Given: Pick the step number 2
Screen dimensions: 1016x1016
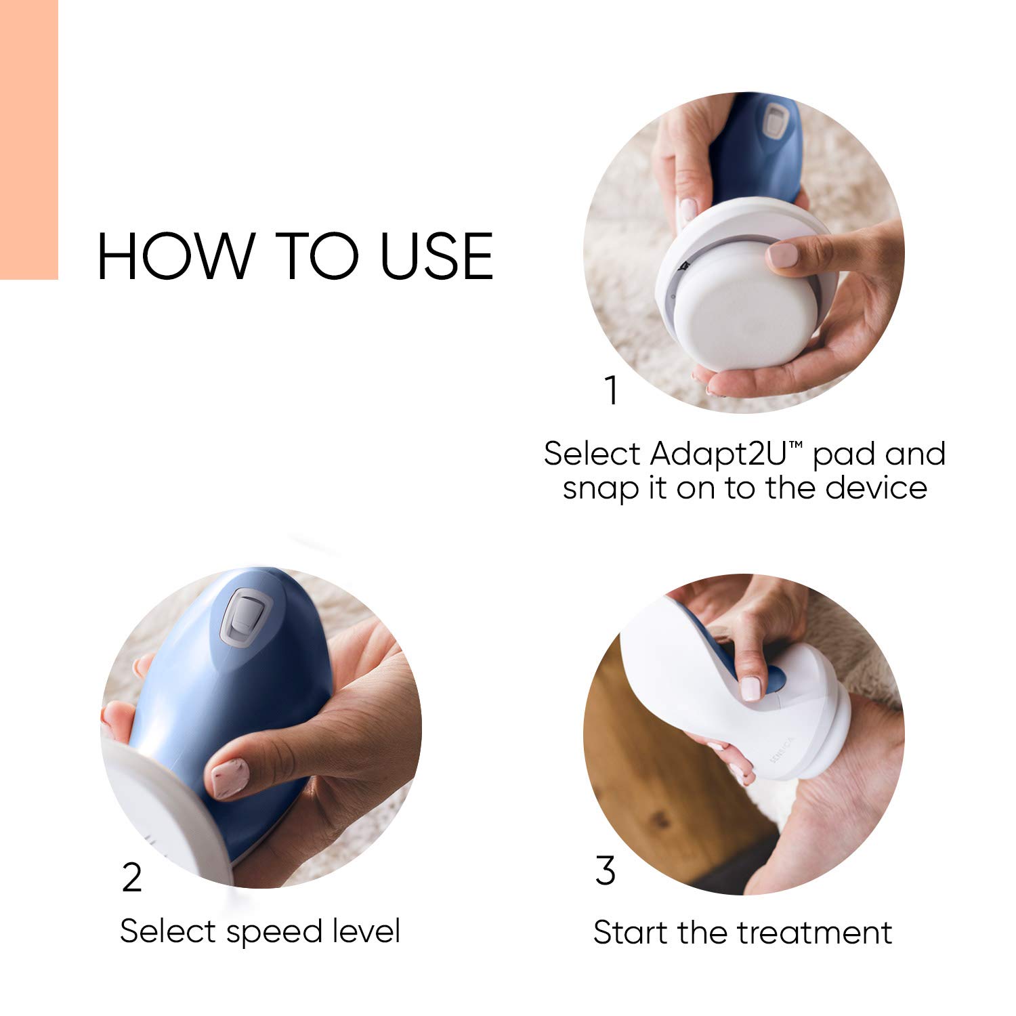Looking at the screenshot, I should click(132, 878).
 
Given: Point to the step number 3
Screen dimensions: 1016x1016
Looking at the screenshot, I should click(606, 871).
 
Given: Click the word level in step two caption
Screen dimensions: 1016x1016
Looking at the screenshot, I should click(366, 931).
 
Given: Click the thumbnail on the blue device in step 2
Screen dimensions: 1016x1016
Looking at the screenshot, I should click(229, 779).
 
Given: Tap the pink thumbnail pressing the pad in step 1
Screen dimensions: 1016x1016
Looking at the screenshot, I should click(783, 255).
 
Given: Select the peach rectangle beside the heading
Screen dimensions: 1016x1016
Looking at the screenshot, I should click(28, 139).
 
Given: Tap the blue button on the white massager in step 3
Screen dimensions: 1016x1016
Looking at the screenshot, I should click(774, 677).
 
